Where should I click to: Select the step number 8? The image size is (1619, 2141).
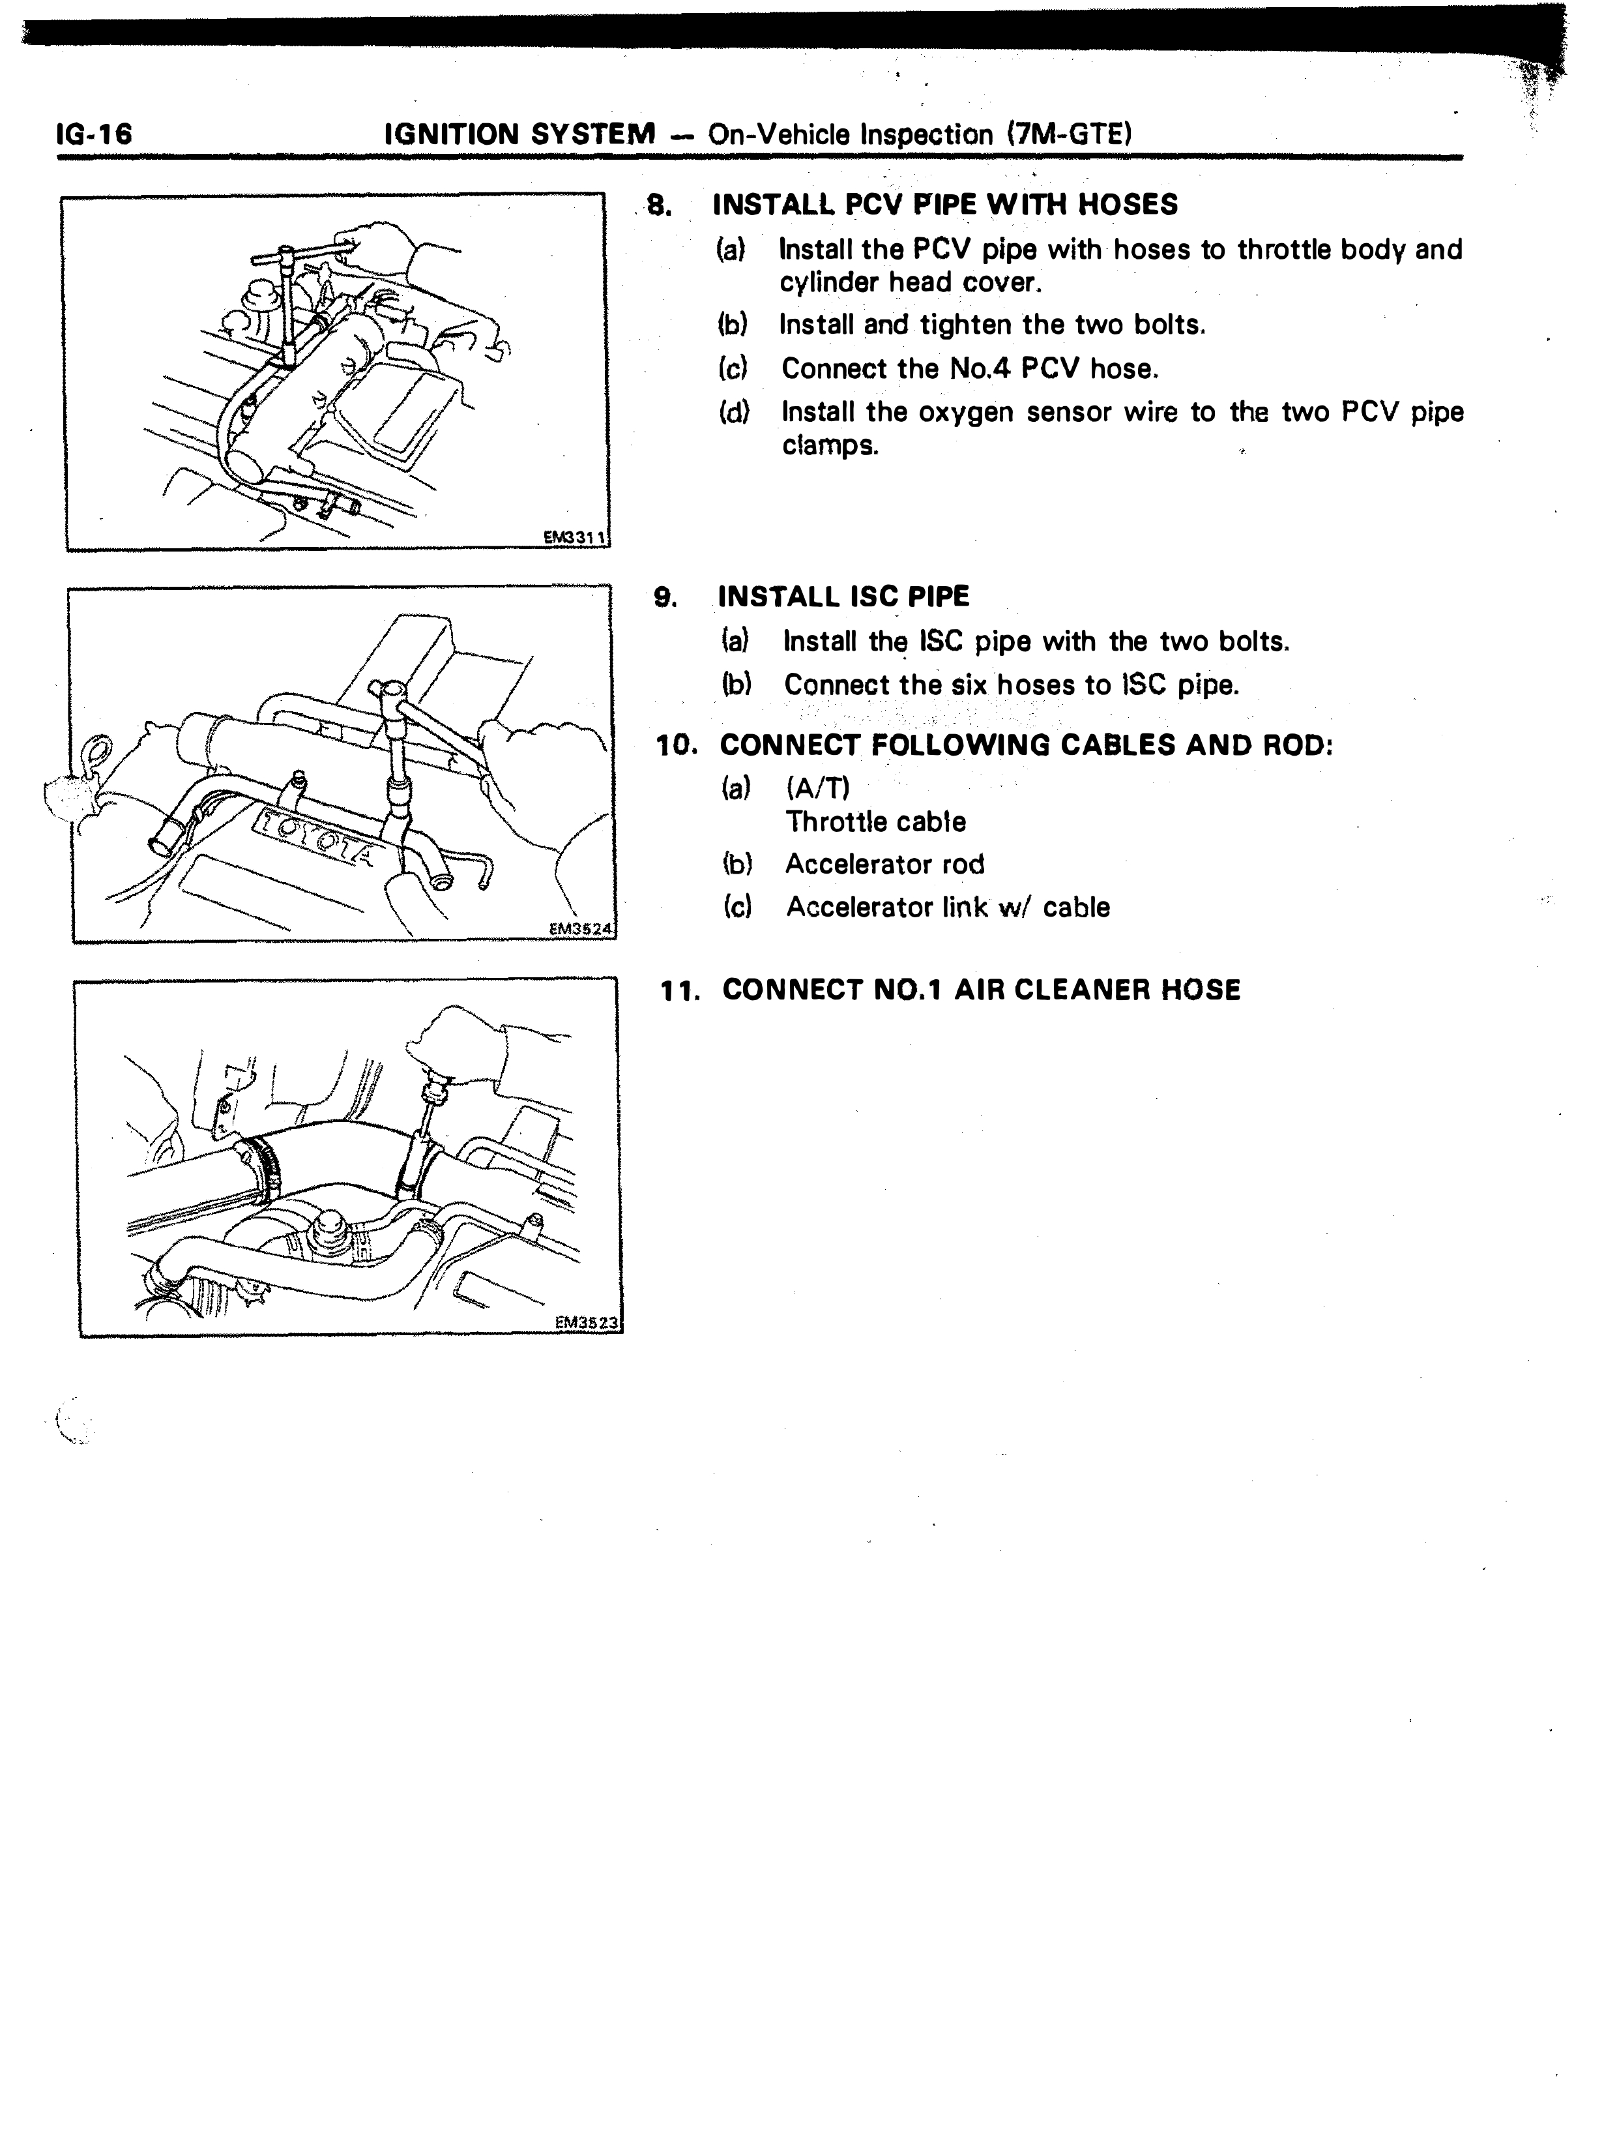click(x=659, y=205)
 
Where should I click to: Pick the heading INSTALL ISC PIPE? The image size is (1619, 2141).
click(x=843, y=597)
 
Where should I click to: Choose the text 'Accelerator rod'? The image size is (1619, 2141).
click(x=884, y=864)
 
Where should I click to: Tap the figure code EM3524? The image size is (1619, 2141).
click(x=581, y=928)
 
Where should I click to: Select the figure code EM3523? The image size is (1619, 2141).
click(x=587, y=1322)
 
